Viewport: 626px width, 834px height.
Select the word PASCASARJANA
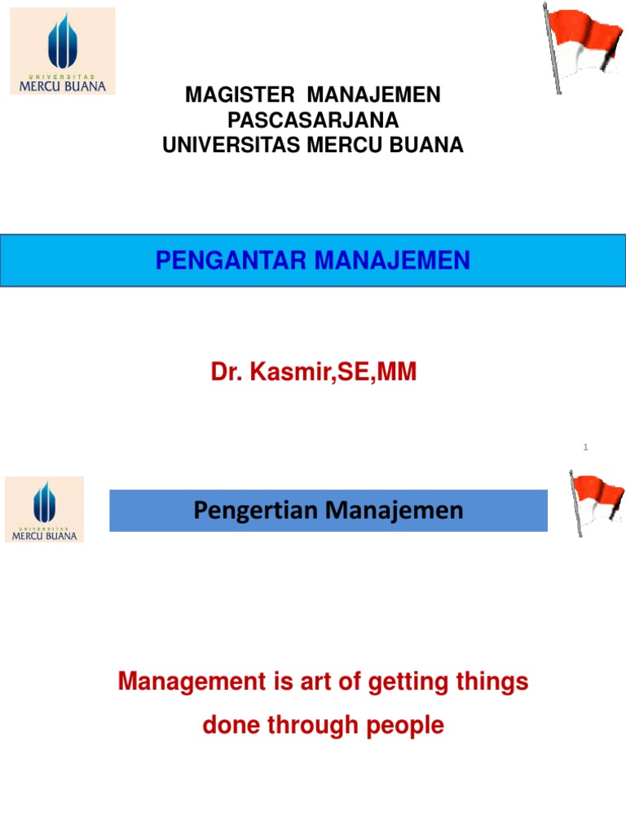[x=313, y=121]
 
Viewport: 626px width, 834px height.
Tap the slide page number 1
[x=585, y=447]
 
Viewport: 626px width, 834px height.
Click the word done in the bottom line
[x=229, y=725]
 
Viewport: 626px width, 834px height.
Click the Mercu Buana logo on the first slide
[x=63, y=50]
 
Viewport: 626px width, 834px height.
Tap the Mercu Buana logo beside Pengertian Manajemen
[x=45, y=509]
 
